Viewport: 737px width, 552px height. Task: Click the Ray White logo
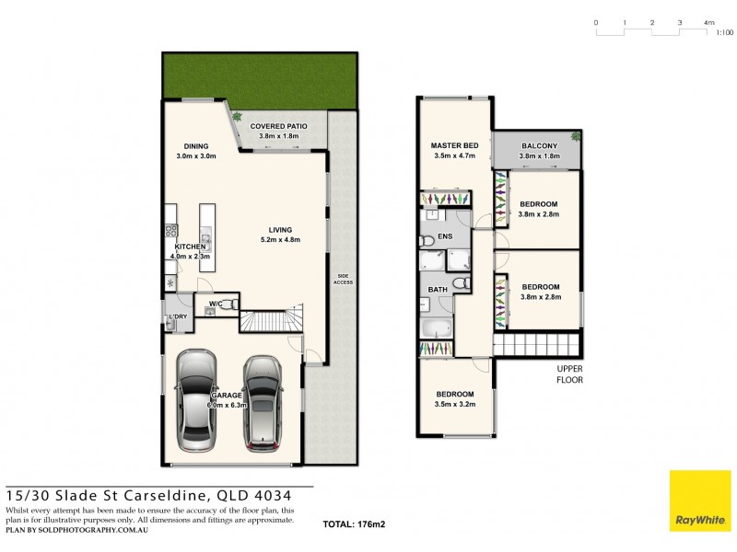(x=699, y=501)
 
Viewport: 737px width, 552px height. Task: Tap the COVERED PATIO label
(x=278, y=126)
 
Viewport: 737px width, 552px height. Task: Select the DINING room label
(x=194, y=146)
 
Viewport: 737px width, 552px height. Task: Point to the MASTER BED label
(x=455, y=146)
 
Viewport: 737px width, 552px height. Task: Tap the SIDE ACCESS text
(x=343, y=278)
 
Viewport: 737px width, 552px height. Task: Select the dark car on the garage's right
(x=263, y=402)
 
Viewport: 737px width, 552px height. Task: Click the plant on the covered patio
(x=237, y=117)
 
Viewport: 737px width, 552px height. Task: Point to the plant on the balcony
(x=576, y=136)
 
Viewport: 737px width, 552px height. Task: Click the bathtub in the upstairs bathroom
(x=437, y=328)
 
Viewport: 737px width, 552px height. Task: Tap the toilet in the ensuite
(x=427, y=241)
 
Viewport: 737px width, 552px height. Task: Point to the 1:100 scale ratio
(x=725, y=32)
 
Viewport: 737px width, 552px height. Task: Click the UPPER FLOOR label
(x=569, y=374)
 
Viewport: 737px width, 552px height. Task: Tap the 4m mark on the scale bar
(x=708, y=21)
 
